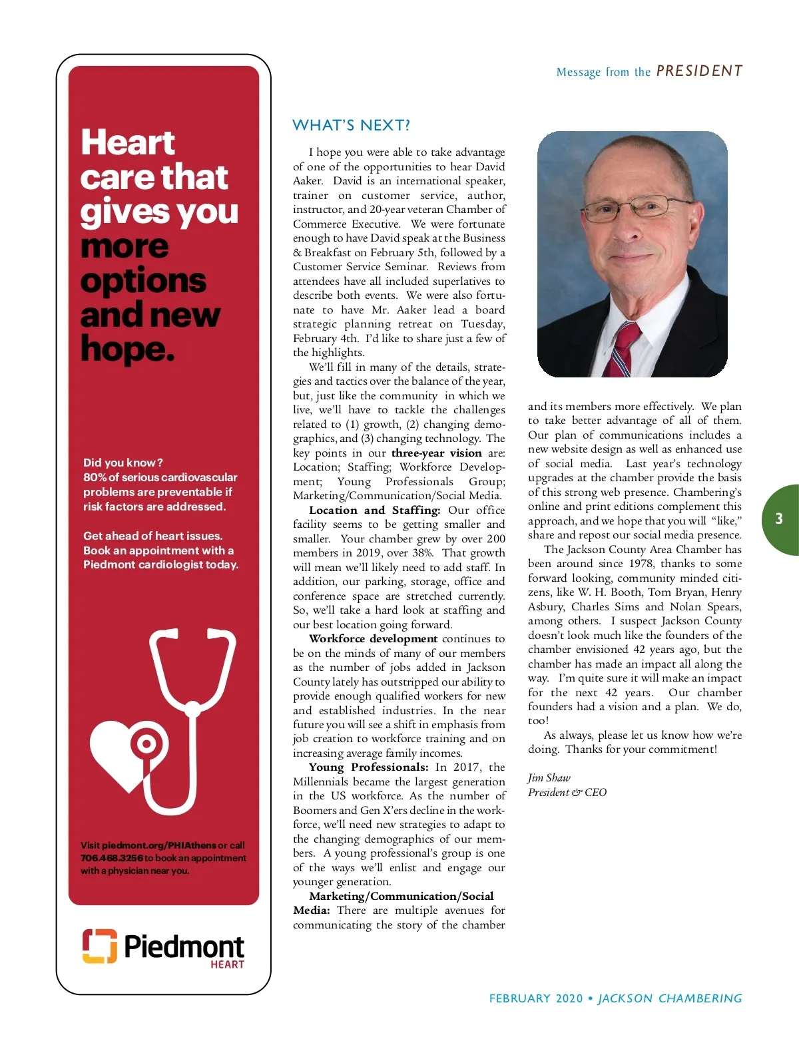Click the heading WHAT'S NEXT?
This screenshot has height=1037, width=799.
pos(351,125)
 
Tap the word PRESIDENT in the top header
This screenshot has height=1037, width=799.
pos(699,71)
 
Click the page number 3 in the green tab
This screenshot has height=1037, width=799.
pos(779,519)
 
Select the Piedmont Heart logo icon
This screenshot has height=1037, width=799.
pos(99,946)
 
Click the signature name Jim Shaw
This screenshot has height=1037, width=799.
pos(549,777)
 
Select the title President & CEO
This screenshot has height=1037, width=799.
pos(567,792)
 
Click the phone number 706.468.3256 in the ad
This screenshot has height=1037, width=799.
pos(112,858)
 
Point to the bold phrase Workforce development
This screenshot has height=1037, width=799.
pos(373,638)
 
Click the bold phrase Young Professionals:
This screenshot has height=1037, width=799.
pos(368,767)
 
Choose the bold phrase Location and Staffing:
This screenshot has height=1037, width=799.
pos(374,510)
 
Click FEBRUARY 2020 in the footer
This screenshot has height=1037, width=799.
pos(535,998)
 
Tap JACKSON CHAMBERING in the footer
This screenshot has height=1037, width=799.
pos(670,998)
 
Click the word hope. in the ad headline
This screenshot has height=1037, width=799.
pos(127,348)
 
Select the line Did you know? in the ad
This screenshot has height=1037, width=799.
pos(123,463)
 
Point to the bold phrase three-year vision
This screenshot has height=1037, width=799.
pos(436,453)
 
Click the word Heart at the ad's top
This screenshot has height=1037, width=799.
pos(128,142)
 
